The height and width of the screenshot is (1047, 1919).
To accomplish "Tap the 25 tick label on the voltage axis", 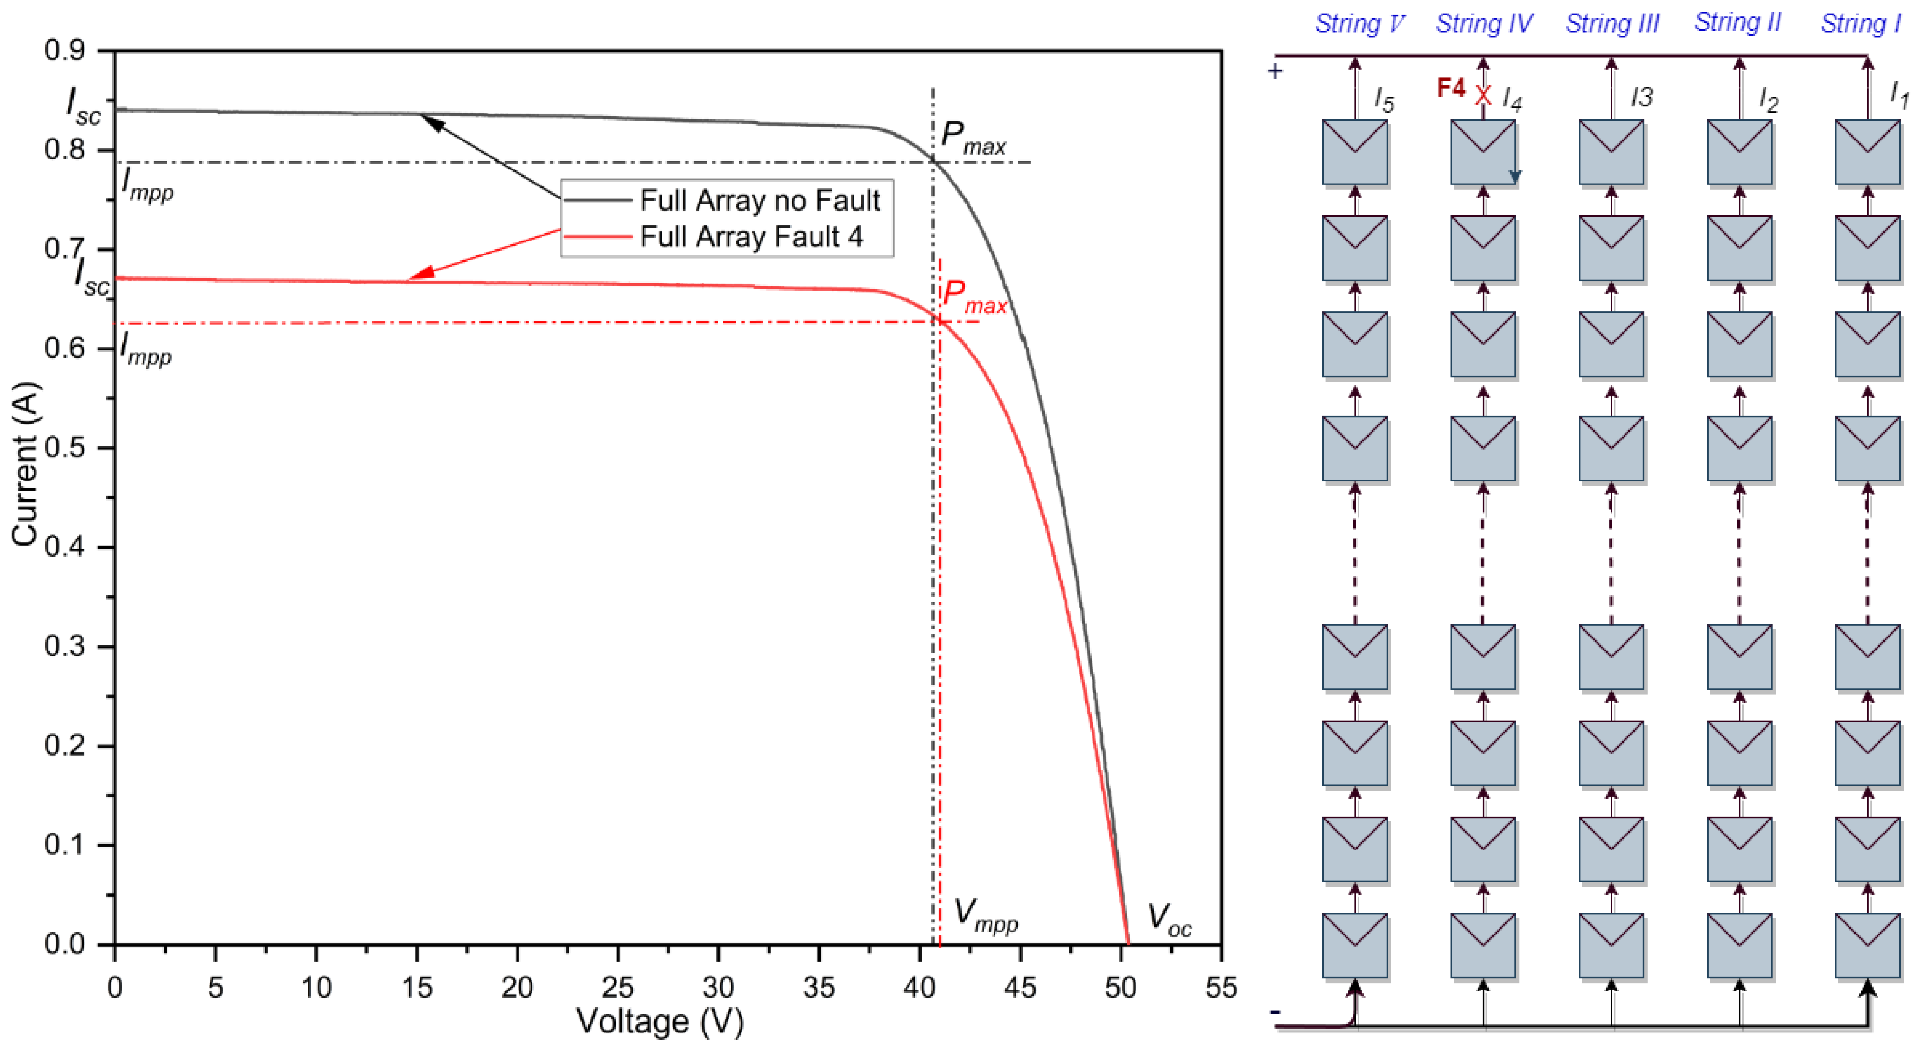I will pos(617,988).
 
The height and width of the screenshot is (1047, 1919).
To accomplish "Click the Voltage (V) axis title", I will pos(659,1021).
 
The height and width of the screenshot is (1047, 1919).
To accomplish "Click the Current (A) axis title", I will pos(25,464).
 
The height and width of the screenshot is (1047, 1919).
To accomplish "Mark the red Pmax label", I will pos(973,297).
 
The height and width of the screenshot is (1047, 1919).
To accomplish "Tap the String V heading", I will pos(1359,24).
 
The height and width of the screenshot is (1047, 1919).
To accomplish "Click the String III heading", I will pos(1612,24).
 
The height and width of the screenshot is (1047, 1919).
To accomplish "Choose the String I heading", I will pos(1860,24).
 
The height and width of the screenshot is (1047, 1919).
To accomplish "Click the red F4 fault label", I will pos(1450,88).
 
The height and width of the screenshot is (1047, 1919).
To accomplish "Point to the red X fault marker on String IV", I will pos(1483,96).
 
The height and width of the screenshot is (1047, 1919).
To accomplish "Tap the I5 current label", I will pos(1384,99).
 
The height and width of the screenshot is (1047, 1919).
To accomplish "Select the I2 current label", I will pos(1768,99).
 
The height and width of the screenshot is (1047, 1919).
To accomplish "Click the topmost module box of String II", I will pos(1739,152).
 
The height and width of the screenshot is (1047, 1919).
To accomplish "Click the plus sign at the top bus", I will pos(1275,71).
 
